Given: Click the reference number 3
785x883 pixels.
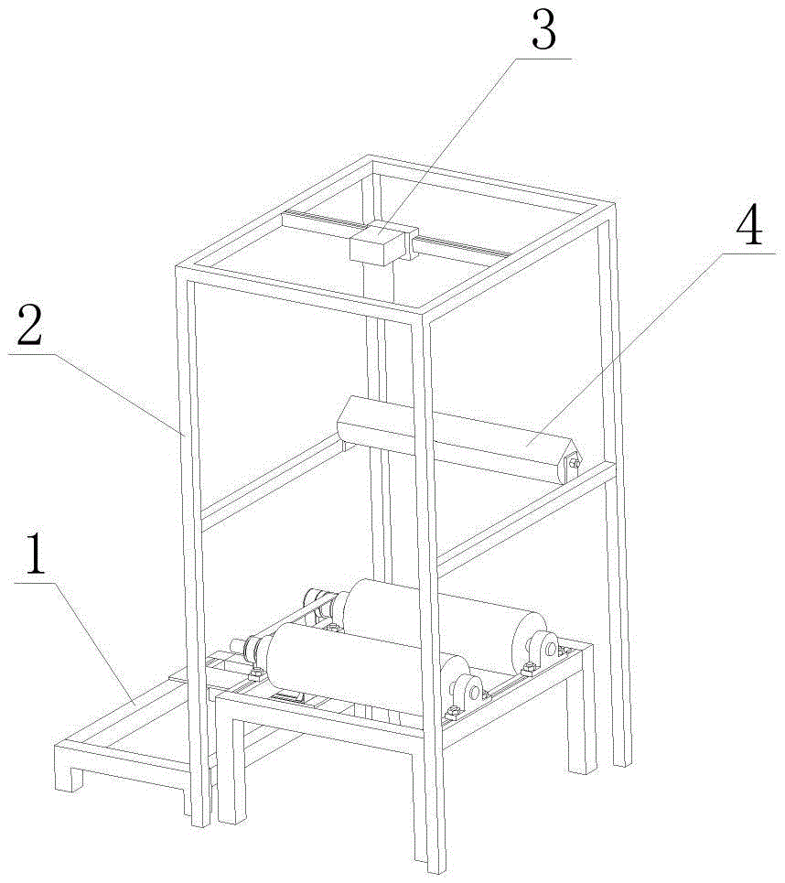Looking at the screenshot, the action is click(544, 31).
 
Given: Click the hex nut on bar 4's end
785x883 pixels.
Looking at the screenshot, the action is click(575, 464).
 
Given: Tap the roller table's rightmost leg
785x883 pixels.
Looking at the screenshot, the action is click(582, 732).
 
